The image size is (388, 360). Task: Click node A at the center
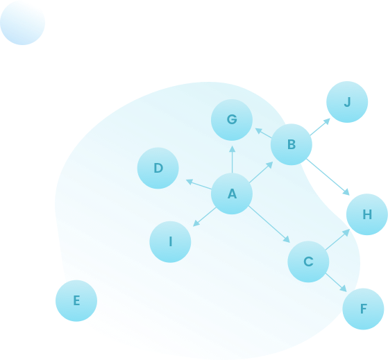(x=232, y=194)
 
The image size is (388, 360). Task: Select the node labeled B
(x=292, y=144)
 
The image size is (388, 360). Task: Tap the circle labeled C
(x=308, y=262)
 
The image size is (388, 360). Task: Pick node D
(x=158, y=168)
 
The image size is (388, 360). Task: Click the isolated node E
(x=76, y=300)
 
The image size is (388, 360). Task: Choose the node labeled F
(x=363, y=309)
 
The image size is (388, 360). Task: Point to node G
(x=232, y=120)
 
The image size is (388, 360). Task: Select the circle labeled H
(x=367, y=214)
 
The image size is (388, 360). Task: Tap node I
(x=170, y=241)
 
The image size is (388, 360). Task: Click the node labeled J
(x=347, y=102)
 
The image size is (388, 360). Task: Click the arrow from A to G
(x=232, y=160)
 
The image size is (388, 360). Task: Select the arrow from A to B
(x=261, y=172)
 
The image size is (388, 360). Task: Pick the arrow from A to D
(x=199, y=185)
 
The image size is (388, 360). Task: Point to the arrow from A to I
(x=204, y=217)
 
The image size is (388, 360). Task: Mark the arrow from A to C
(x=269, y=224)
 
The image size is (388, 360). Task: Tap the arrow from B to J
(x=320, y=127)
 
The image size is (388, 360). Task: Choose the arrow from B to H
(x=328, y=177)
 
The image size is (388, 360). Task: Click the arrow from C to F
(x=336, y=282)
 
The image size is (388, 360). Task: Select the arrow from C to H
(x=337, y=239)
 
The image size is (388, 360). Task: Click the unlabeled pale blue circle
(x=22, y=23)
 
